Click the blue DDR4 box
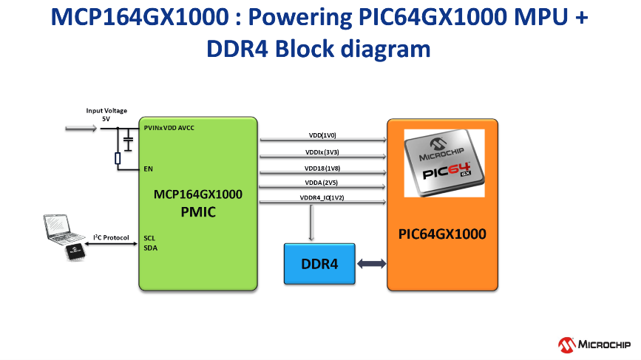[x=319, y=263]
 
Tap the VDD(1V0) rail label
[x=322, y=136]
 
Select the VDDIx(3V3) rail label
[x=322, y=152]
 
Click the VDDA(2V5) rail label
[x=322, y=183]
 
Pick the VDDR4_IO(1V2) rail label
[x=322, y=198]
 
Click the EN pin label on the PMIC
[x=149, y=169]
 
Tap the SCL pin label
[x=150, y=238]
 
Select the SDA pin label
[x=150, y=248]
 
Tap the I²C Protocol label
[x=111, y=237]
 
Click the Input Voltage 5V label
[x=106, y=115]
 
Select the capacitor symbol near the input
[x=128, y=139]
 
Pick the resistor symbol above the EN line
[x=118, y=157]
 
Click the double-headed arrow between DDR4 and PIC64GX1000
[x=371, y=264]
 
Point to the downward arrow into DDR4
[x=311, y=223]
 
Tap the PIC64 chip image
[x=444, y=164]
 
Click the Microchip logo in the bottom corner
[x=594, y=344]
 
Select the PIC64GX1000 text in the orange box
[x=443, y=234]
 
